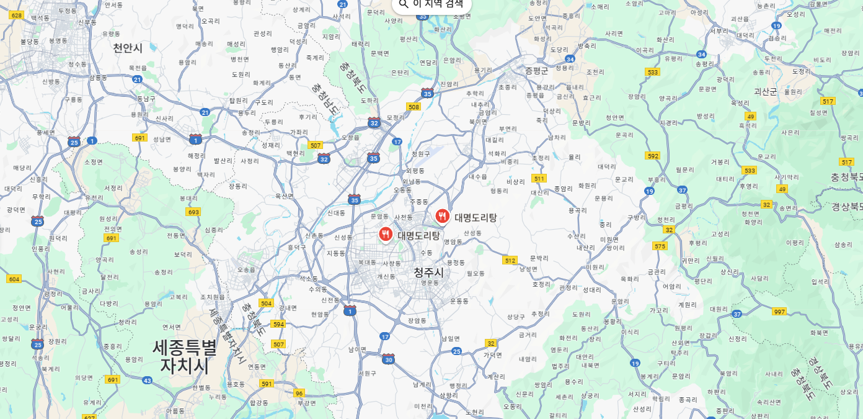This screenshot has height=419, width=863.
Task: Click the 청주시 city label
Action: click(428, 273)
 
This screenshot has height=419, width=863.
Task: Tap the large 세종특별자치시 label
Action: click(185, 356)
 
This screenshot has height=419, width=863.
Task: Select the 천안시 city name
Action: click(128, 48)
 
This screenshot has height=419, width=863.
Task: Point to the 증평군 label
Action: click(537, 71)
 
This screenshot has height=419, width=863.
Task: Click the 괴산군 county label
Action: click(765, 91)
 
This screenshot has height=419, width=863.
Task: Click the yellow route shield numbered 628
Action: click(17, 15)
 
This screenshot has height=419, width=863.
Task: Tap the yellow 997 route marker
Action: click(779, 312)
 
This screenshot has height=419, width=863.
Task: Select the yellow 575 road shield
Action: click(660, 246)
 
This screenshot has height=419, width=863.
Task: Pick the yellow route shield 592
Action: click(652, 156)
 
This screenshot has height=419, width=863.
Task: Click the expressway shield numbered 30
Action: click(389, 359)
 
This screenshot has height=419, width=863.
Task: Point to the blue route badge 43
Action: click(147, 380)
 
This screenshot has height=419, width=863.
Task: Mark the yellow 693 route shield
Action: click(193, 212)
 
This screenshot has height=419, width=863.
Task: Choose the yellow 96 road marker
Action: click(299, 393)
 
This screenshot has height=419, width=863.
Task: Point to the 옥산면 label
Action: click(285, 196)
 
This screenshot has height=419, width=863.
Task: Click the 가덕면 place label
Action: click(493, 355)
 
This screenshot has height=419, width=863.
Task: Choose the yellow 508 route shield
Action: click(414, 107)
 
